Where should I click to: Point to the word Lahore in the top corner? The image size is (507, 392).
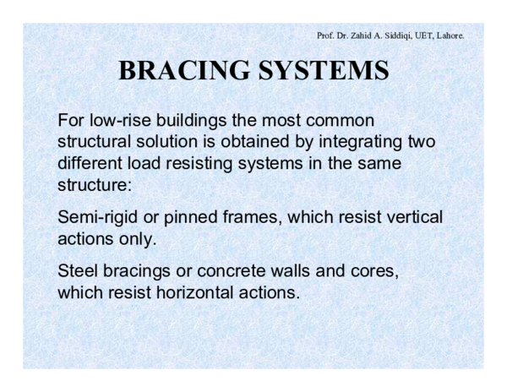tap(447, 35)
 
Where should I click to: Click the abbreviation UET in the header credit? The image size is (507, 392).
tap(417, 35)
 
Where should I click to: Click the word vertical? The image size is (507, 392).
tap(412, 218)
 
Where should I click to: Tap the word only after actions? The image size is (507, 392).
tap(140, 238)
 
